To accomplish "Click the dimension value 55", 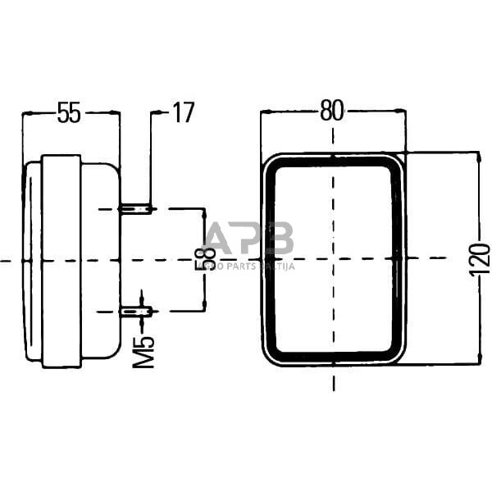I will (x=70, y=113).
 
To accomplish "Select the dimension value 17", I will (x=182, y=113).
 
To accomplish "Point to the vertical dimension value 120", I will (x=481, y=259).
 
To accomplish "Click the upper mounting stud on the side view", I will (x=137, y=209).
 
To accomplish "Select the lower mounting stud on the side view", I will (x=137, y=311).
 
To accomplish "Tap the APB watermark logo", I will (x=248, y=239).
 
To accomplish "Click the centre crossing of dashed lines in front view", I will (x=333, y=260).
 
